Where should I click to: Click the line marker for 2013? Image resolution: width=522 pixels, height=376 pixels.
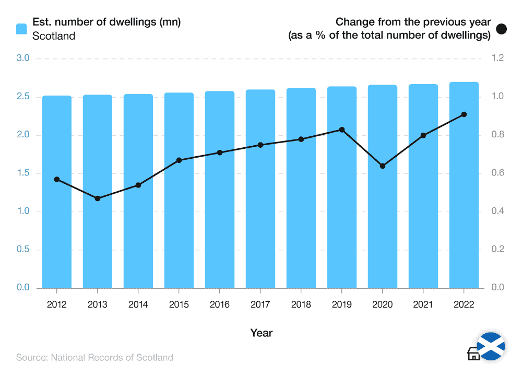pos(98,198)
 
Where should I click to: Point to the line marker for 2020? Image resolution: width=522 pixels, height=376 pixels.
pos(383,166)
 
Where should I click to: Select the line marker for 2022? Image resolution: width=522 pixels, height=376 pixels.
pos(464,114)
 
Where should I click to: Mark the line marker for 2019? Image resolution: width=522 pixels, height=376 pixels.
pos(342,130)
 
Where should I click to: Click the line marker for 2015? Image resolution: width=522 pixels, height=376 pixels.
pos(179,160)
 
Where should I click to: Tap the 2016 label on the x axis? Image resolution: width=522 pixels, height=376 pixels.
pos(220,305)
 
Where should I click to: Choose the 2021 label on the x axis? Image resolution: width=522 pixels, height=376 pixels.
pos(423,305)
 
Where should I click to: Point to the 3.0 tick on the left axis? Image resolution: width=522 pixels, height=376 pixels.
pos(23,58)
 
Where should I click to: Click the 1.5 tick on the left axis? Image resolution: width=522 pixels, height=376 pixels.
pos(23,173)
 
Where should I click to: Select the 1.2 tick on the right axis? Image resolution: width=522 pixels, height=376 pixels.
pos(496,58)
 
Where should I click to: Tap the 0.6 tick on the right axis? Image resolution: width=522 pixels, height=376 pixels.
pos(496,173)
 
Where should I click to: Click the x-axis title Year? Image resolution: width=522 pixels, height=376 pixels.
pos(261,333)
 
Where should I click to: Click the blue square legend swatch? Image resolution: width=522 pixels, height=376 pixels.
pos(21,29)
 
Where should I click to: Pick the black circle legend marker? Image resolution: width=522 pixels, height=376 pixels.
pos(502,29)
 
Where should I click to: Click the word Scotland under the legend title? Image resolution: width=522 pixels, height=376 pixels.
pos(54,36)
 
